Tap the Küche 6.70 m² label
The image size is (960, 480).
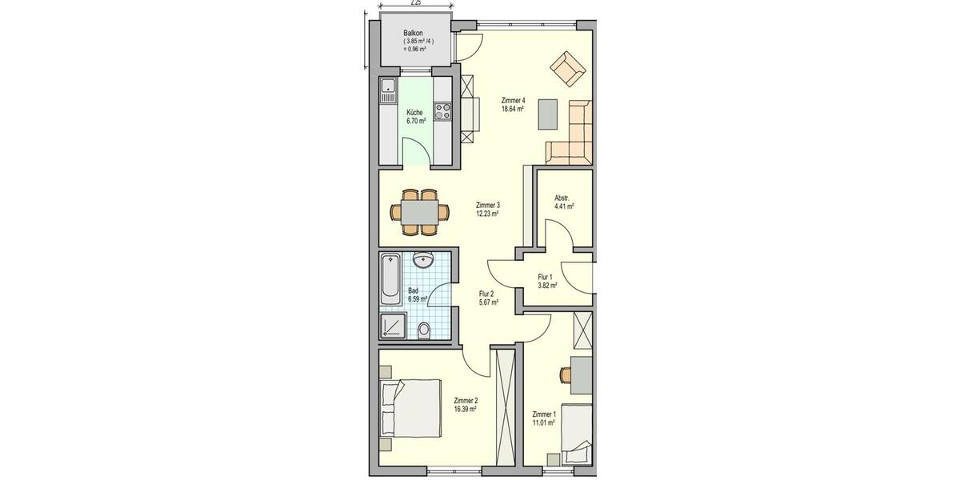414,117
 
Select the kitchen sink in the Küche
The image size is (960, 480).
388,90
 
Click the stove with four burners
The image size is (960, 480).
442,110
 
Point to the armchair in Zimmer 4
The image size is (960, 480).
568,69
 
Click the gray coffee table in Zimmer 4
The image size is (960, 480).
549,113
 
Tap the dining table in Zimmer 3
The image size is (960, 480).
418,212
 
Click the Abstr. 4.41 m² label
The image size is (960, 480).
563,202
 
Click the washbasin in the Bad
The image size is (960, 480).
424,262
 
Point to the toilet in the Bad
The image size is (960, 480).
426,330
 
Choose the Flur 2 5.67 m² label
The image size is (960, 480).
488,298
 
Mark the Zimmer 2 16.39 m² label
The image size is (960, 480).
465,404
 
